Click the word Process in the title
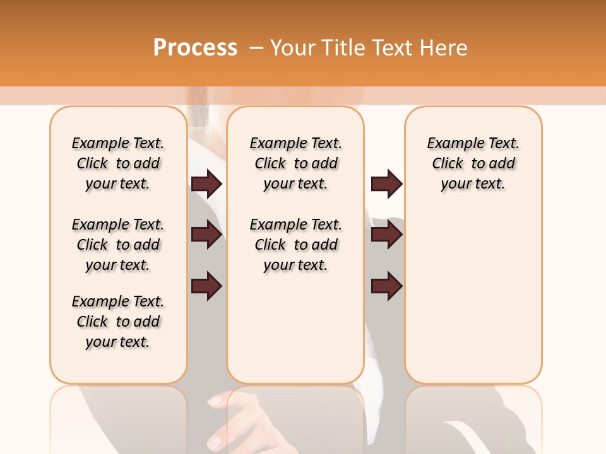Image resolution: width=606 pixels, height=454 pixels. [x=195, y=47]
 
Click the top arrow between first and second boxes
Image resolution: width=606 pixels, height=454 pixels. [x=206, y=183]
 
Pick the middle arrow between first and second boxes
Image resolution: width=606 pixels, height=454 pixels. [x=206, y=235]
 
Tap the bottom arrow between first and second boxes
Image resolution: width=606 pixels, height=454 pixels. [x=206, y=286]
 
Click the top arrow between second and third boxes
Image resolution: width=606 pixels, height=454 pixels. [x=386, y=183]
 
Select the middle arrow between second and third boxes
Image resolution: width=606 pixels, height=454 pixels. [x=386, y=235]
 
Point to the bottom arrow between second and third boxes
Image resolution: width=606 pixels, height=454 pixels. [x=386, y=286]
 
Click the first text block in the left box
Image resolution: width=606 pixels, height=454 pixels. [x=118, y=163]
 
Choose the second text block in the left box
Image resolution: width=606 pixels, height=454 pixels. [x=118, y=245]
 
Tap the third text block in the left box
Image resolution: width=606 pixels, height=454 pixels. [x=118, y=322]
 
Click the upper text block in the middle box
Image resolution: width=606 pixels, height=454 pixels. [x=295, y=163]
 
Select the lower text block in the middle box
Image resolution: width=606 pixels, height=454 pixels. [x=295, y=245]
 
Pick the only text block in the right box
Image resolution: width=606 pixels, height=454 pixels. [x=473, y=163]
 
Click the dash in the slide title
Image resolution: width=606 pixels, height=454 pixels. [x=256, y=47]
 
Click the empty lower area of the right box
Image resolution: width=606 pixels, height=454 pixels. [x=473, y=303]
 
